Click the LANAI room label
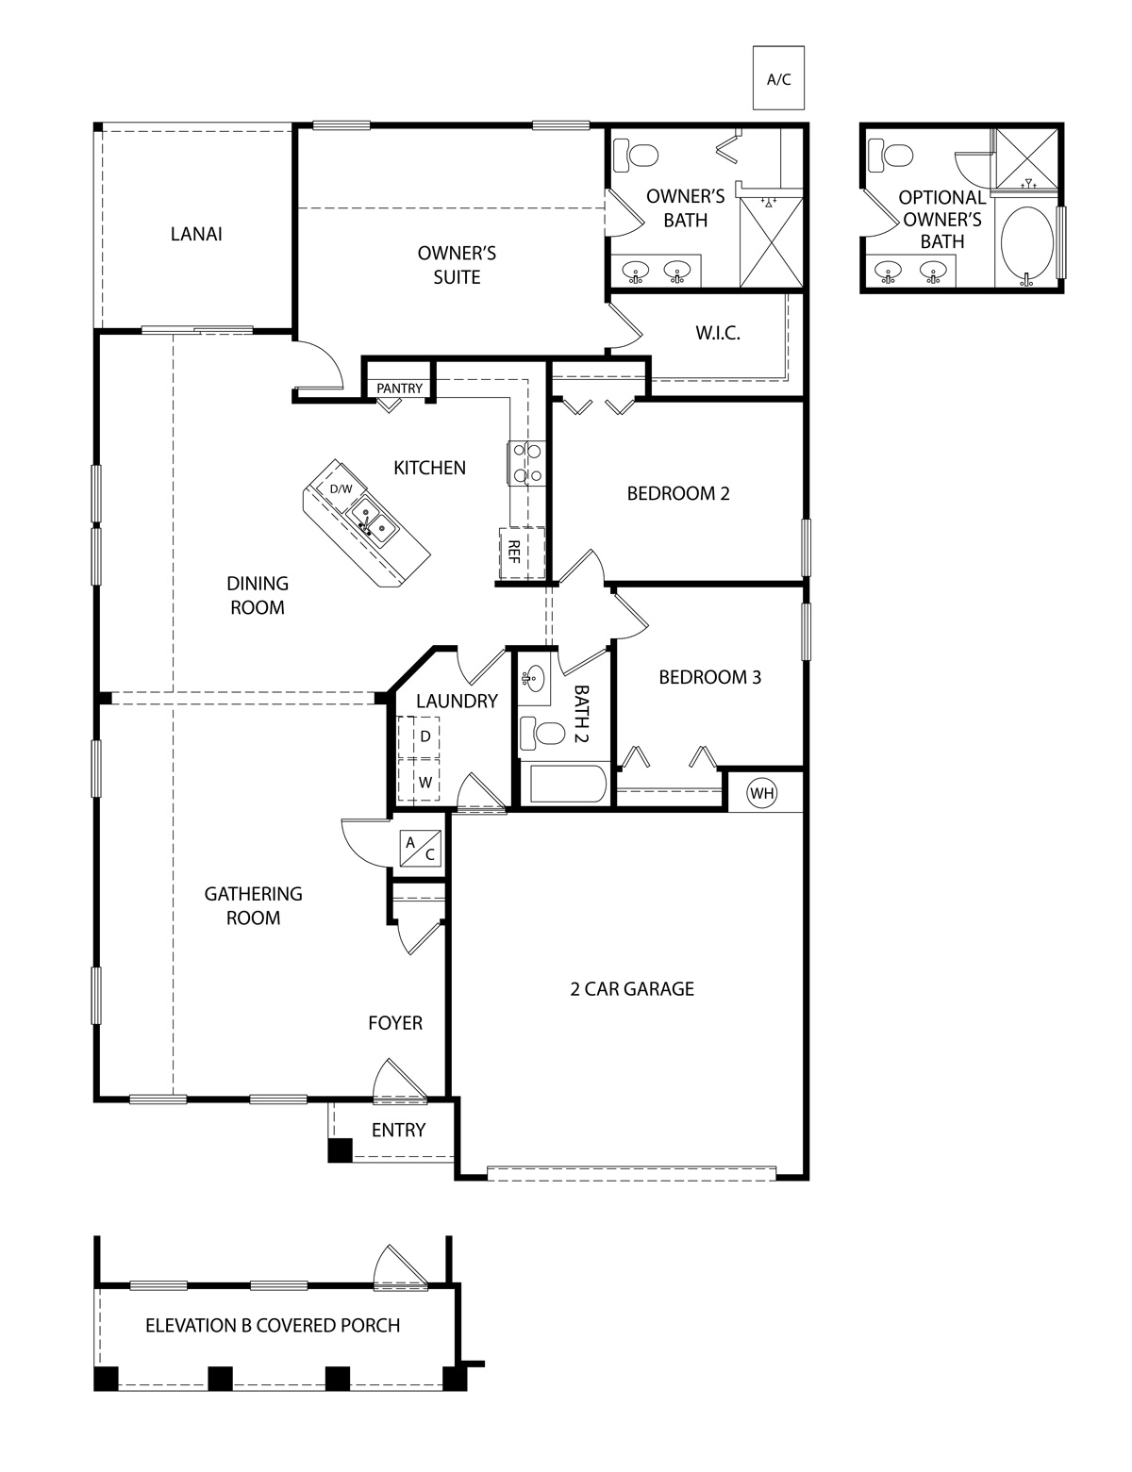tap(196, 234)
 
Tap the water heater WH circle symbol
tap(761, 793)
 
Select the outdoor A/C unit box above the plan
tap(778, 78)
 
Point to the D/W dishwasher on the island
tap(340, 488)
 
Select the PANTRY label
tap(399, 389)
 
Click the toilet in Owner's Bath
tap(635, 153)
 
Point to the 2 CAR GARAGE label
tap(631, 988)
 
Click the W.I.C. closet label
tap(717, 334)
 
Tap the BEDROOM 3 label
tap(709, 677)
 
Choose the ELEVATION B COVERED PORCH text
tap(273, 1325)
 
